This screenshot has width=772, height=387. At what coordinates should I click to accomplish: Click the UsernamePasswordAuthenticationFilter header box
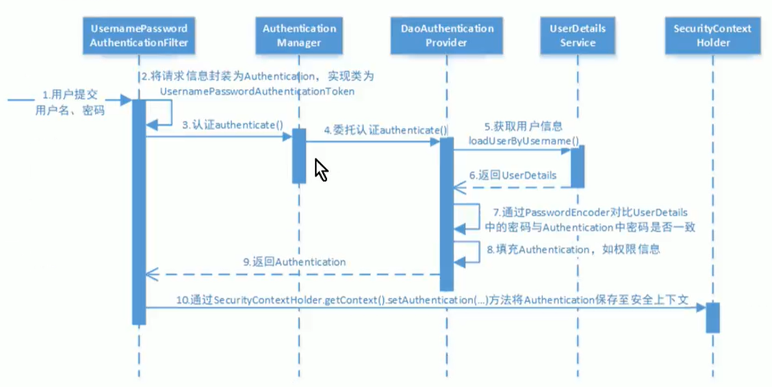point(139,36)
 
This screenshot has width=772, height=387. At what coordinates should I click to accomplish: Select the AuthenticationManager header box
point(299,36)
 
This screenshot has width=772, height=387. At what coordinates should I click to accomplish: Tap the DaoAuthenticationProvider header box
point(447,36)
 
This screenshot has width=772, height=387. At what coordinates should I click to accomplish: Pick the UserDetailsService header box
point(577,36)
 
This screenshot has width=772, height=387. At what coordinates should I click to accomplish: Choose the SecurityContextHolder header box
point(712,36)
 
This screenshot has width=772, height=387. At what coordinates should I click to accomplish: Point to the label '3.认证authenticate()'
point(232,125)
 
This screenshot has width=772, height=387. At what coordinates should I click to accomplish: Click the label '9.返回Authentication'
point(294,262)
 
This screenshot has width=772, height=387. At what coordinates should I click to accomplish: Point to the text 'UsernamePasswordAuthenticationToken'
point(257,92)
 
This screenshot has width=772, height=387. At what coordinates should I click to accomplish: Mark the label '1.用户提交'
point(60,93)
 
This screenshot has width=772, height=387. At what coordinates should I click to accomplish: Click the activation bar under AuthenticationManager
point(299,156)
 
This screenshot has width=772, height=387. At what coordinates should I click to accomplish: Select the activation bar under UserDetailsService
point(577,166)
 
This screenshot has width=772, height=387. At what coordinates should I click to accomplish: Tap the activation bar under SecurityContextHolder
point(712,318)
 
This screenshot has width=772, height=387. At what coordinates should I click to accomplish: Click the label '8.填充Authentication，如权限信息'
point(573,249)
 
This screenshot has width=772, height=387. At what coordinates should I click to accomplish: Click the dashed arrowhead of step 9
point(151,275)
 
